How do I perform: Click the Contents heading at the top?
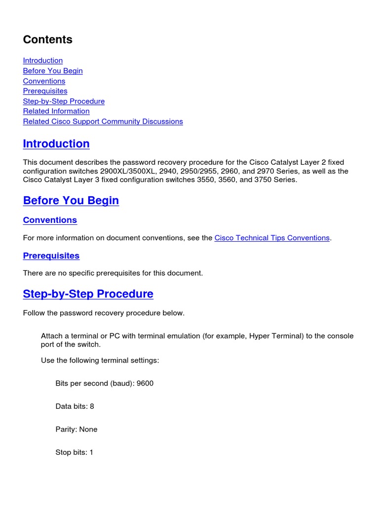pos(48,40)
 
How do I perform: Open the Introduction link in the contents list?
pos(43,61)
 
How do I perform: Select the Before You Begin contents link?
pos(53,71)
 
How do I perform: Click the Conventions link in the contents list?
pos(44,81)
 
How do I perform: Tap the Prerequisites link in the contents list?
pos(45,91)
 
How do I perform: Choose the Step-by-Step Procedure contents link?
pos(64,101)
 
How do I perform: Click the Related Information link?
pos(56,111)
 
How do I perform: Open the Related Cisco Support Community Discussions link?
pos(103,121)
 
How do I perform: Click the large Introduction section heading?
pos(56,144)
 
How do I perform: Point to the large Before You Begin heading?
pos(71,201)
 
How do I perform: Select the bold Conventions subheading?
pos(50,220)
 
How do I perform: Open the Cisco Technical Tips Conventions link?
pos(272,238)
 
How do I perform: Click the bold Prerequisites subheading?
pos(51,256)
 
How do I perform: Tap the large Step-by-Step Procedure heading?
pos(88,294)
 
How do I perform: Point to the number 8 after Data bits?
pos(92,406)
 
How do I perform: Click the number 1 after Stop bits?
pos(91,452)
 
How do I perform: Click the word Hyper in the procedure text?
pos(260,336)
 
